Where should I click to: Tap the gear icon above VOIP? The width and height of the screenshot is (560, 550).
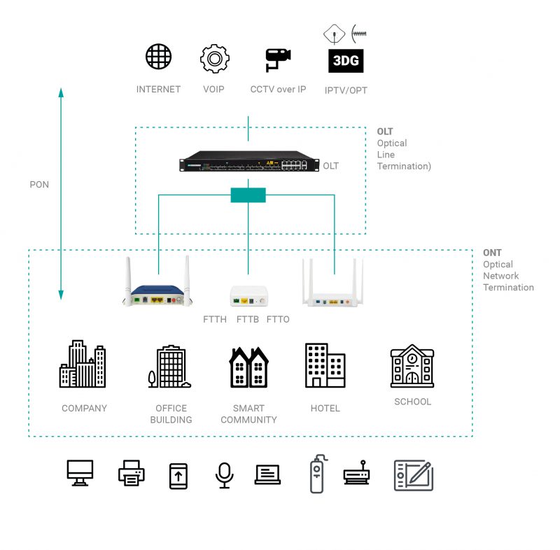point(214,59)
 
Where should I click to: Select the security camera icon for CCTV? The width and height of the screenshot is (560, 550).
point(278,59)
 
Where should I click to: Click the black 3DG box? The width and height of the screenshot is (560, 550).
point(346,61)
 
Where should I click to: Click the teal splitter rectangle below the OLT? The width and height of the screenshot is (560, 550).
point(248,195)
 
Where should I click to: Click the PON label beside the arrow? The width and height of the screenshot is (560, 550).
point(39,185)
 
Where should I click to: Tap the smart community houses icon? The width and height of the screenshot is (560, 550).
point(249,367)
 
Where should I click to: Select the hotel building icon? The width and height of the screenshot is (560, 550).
point(325,365)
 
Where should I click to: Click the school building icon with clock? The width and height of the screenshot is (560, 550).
point(412,365)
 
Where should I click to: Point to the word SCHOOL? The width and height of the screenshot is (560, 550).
point(412,402)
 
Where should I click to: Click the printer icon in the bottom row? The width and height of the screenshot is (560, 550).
point(132,474)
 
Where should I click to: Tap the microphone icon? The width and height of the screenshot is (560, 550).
point(224,475)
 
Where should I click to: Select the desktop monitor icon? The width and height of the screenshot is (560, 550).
point(80,472)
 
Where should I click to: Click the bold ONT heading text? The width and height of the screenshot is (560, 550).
point(492,253)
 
